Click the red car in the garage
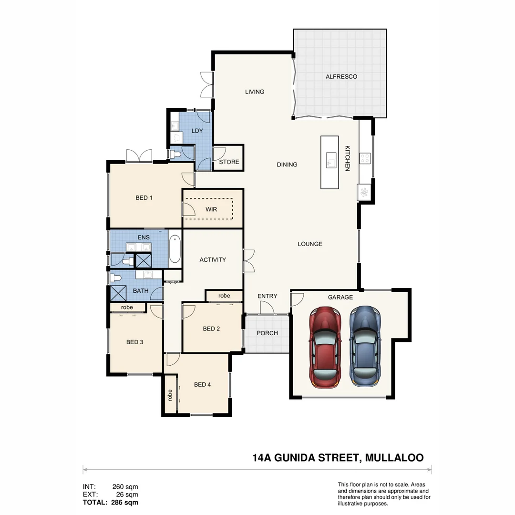(x=326, y=346)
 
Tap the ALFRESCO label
(x=341, y=77)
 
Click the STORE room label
(x=229, y=162)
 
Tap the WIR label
(x=211, y=209)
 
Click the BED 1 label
(x=144, y=197)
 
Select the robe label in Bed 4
(x=170, y=395)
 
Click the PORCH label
(x=267, y=333)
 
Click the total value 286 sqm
(x=124, y=502)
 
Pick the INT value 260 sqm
(x=125, y=487)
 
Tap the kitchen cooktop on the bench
(x=365, y=158)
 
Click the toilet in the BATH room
(x=115, y=278)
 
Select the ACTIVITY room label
(x=213, y=260)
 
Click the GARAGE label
(x=340, y=297)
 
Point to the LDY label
(x=197, y=131)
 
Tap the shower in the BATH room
(x=117, y=293)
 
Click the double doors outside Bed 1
(x=139, y=155)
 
